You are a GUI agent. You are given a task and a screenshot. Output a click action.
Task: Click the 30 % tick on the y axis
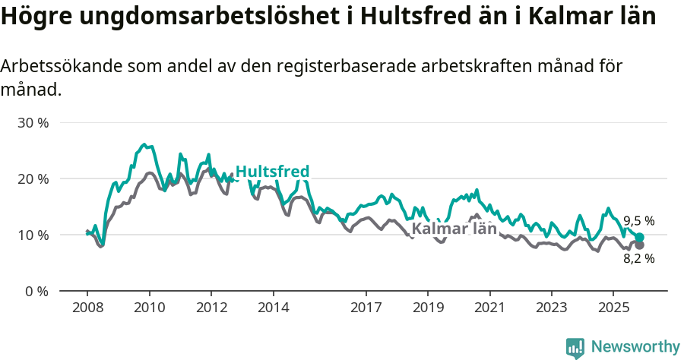(33, 122)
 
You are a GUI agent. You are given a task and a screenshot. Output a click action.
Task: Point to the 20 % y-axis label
(33, 178)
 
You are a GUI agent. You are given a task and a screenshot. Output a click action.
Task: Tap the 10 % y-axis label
(33, 235)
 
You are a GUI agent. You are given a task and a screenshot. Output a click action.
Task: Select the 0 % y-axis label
(36, 291)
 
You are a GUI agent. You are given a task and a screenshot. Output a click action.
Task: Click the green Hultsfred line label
(272, 172)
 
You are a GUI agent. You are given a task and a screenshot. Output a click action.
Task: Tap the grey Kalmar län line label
(454, 229)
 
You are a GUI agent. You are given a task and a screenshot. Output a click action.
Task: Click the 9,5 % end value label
(638, 221)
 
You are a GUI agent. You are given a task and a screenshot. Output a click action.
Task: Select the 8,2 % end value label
(638, 258)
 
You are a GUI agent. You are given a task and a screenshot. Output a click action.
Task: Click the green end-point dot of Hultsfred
(640, 238)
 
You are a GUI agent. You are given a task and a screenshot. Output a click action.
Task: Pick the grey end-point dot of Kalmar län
(640, 245)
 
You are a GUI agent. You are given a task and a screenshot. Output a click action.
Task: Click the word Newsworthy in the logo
(635, 347)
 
